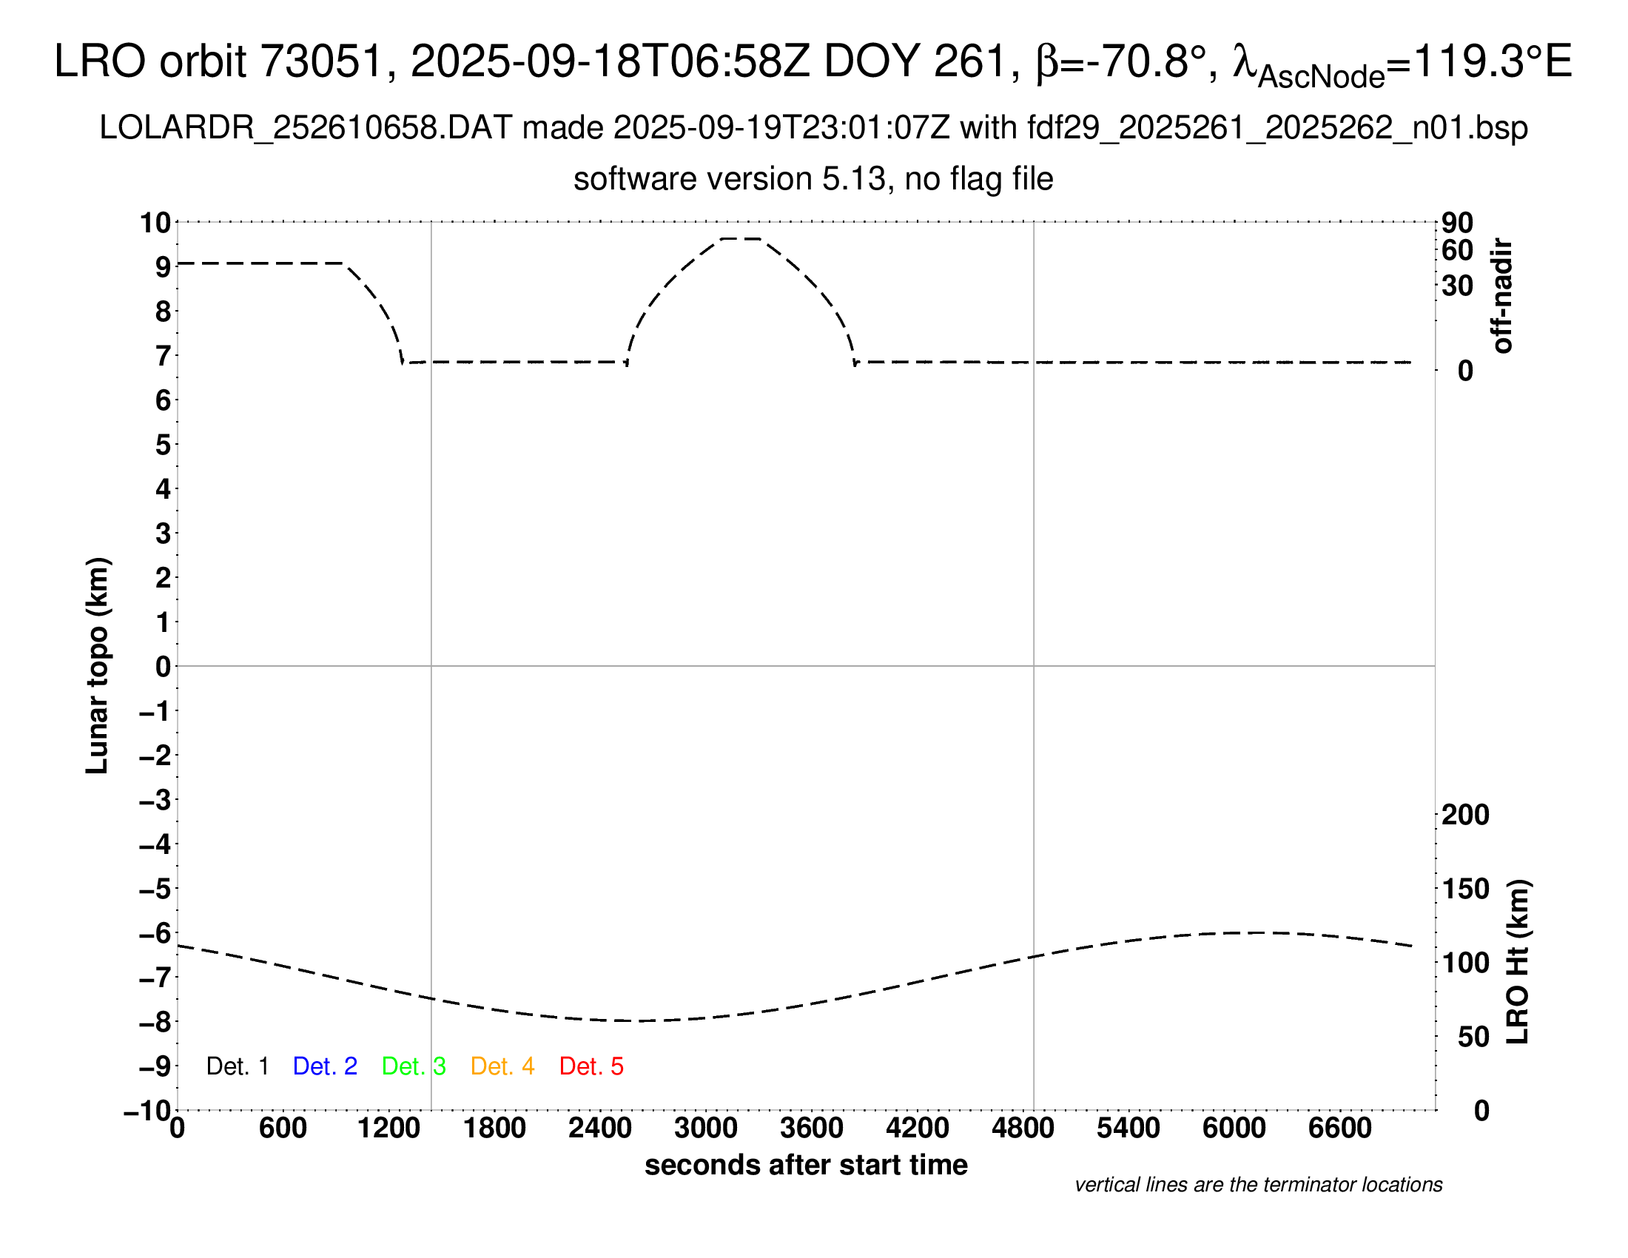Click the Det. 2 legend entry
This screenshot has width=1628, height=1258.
[325, 1066]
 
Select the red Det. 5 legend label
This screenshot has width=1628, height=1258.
[591, 1066]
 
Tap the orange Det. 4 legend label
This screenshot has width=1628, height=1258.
[502, 1066]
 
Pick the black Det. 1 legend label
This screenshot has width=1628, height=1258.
[237, 1066]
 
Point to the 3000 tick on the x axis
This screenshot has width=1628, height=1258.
[705, 1128]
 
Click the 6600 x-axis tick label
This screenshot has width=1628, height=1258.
[1339, 1128]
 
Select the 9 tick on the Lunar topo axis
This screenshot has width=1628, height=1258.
[163, 267]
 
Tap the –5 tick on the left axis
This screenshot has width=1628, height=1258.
[155, 889]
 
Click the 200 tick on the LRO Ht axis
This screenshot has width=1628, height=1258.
[1464, 815]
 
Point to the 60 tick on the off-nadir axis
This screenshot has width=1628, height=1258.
[1457, 250]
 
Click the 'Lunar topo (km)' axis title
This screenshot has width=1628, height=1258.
[98, 665]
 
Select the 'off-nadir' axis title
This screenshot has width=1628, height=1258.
[1502, 296]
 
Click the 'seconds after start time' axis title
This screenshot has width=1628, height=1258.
[806, 1165]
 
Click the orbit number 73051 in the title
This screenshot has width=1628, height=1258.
[321, 61]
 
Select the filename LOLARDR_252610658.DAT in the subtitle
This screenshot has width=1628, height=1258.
[306, 128]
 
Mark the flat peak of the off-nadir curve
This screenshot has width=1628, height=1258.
[740, 238]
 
